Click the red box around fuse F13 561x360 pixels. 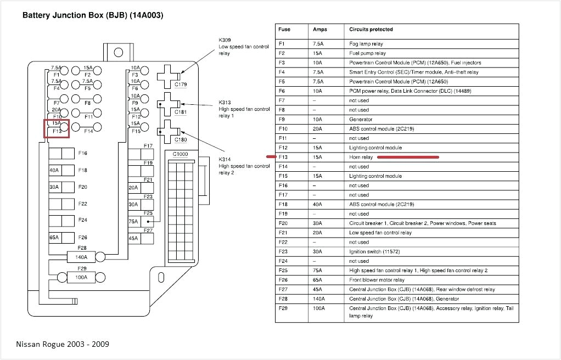coord(56,128)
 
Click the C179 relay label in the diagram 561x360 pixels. coord(180,85)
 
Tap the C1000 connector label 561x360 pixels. coord(180,154)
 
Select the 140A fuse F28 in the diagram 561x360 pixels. coord(81,256)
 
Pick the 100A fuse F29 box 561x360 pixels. coord(81,277)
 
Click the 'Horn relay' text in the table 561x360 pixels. coord(361,157)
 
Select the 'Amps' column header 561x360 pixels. coord(319,29)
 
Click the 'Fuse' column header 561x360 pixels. coord(284,29)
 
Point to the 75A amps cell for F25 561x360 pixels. coord(319,271)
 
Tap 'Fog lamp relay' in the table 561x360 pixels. coord(366,43)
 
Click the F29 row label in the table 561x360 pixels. coord(283,308)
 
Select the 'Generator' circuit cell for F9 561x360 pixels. coord(361,119)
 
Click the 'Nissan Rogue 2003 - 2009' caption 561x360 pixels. coord(62,344)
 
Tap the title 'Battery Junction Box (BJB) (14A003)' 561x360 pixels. coord(92,15)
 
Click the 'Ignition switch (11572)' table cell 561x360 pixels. coord(375,251)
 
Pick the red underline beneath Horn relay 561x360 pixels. coord(408,157)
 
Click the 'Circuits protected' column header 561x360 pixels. coord(371,29)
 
